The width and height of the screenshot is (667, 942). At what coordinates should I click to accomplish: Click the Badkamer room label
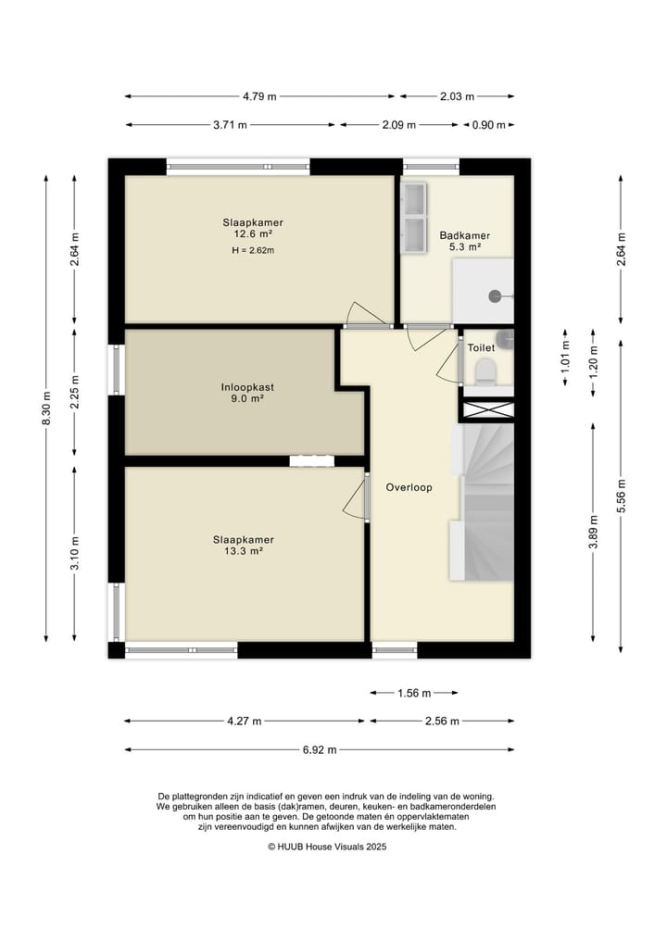pos(464,235)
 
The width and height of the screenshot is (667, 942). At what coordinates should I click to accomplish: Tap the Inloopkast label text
pos(247,387)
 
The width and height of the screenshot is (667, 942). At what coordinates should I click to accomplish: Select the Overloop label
pos(409,487)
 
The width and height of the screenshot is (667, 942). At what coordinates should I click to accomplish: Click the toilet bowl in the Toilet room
pos(485,371)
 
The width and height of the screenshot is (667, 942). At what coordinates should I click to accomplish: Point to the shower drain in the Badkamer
pos(495,295)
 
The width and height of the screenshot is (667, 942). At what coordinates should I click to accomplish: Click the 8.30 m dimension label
pos(46,408)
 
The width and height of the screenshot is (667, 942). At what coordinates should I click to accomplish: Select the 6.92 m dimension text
pos(320,749)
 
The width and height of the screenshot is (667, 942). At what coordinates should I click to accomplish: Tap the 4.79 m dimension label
pos(259,96)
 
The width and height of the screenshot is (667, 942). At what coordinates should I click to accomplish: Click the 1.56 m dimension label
pos(414,693)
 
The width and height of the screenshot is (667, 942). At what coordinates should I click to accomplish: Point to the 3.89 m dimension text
pos(593,532)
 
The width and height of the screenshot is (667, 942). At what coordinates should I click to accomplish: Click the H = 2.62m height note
pos(253,250)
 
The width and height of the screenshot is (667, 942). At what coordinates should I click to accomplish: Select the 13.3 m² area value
pos(244,551)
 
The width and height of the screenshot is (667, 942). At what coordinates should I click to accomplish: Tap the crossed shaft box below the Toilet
pos(488,409)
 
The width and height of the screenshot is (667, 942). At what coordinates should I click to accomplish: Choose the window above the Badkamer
pos(431,167)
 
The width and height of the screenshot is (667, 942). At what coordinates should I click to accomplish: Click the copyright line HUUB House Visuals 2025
pos(328,847)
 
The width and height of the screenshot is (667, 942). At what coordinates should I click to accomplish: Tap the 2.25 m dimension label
pos(74,392)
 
